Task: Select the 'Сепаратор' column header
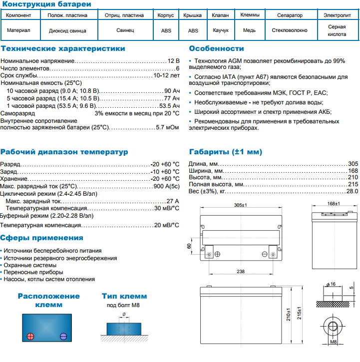(x=290, y=15)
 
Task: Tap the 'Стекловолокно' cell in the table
(x=290, y=30)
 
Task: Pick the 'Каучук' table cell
(x=220, y=30)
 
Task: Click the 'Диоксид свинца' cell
(x=67, y=30)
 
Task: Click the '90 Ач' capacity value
(x=172, y=91)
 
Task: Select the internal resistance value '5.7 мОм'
(x=167, y=127)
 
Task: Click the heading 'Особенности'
(x=216, y=49)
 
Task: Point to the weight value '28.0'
(x=353, y=191)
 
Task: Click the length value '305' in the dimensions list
(x=353, y=164)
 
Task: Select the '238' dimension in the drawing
(x=241, y=271)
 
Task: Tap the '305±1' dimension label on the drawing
(x=241, y=205)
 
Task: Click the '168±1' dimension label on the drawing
(x=333, y=204)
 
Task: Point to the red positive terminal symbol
(x=30, y=336)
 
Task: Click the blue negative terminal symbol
(x=63, y=336)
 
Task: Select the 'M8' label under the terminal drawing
(x=334, y=343)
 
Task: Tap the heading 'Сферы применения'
(x=41, y=238)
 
